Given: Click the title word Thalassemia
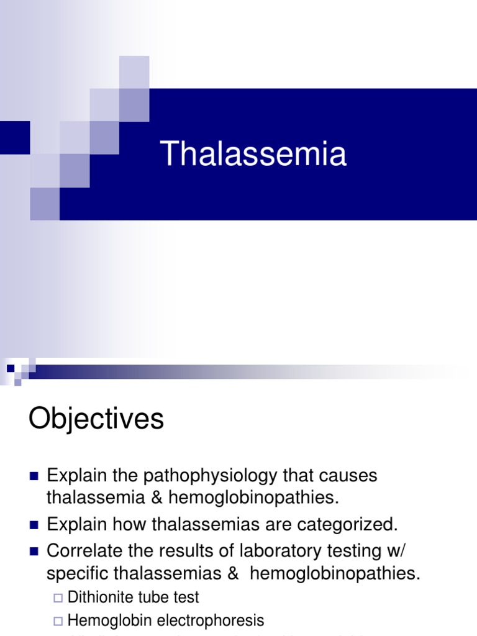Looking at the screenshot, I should click(x=253, y=153).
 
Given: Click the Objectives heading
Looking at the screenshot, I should click(x=96, y=419).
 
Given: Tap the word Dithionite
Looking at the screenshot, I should click(x=102, y=597).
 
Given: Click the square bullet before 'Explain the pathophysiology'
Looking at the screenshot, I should click(x=34, y=476).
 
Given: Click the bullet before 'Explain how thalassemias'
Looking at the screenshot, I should click(x=34, y=525).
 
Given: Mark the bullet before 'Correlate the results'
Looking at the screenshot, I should click(x=34, y=552).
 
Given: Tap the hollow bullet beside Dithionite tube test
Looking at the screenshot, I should click(x=58, y=598).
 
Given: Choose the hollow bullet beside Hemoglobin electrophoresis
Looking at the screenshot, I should click(x=58, y=620).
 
